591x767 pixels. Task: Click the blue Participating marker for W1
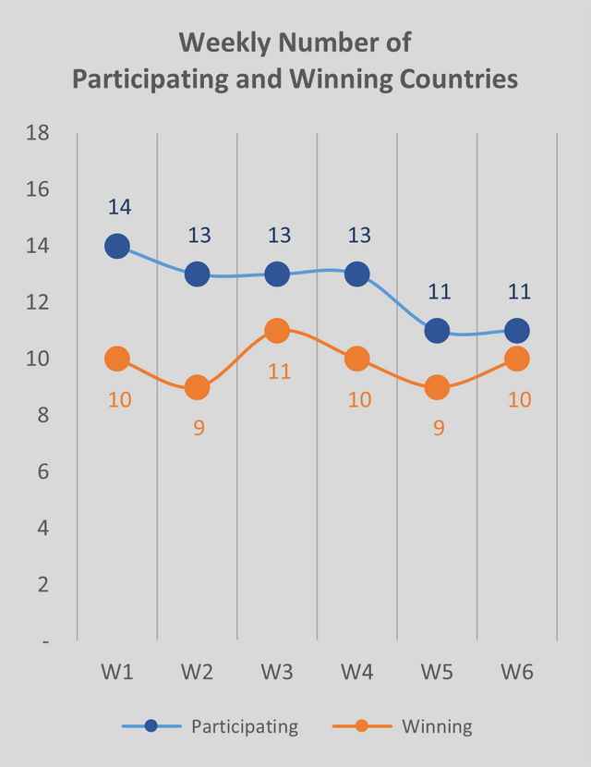pos(117,246)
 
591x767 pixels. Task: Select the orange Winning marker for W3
pos(277,331)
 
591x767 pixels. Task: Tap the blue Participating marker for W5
pos(437,331)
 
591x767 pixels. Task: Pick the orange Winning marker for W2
pos(197,387)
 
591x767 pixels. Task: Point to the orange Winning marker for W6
pos(517,359)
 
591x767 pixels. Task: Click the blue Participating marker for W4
pos(357,274)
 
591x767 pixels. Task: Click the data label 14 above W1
pos(119,207)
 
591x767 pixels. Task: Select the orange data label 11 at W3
pos(280,371)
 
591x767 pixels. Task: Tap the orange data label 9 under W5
pos(440,428)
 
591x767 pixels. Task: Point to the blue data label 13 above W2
pos(199,235)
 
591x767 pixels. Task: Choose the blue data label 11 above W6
pos(519,292)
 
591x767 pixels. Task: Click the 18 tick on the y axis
pos(38,133)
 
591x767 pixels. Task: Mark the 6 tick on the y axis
pos(43,471)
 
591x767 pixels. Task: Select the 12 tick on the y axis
pos(38,302)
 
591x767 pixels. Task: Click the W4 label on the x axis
pos(357,672)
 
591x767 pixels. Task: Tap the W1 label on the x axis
pos(117,672)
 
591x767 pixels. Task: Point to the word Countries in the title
pos(451,79)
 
